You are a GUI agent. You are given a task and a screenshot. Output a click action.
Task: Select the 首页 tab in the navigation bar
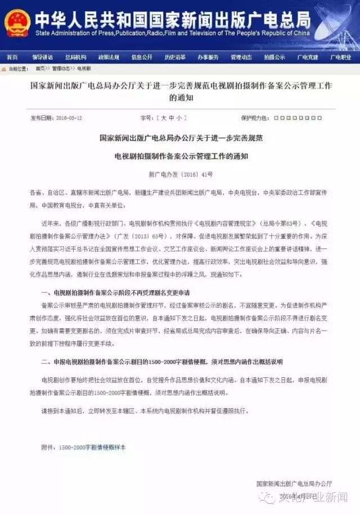tap(12, 57)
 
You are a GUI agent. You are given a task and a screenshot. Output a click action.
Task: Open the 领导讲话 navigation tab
tap(42, 57)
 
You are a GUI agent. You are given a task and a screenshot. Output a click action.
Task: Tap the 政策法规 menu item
tap(109, 57)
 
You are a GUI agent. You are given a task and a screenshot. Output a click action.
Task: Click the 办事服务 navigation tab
tap(208, 57)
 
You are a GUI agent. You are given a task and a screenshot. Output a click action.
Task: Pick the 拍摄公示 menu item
tap(274, 57)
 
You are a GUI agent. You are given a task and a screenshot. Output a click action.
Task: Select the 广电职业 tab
tap(341, 57)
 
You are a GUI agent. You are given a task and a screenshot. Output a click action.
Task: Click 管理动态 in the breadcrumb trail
tap(61, 69)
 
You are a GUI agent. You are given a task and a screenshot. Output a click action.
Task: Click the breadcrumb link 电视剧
tap(84, 69)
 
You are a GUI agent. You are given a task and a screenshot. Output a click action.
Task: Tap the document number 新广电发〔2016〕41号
tap(181, 175)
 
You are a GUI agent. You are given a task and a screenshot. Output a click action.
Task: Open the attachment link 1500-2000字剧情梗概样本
tap(92, 448)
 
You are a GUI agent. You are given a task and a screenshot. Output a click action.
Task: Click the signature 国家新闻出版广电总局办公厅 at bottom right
tap(294, 483)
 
